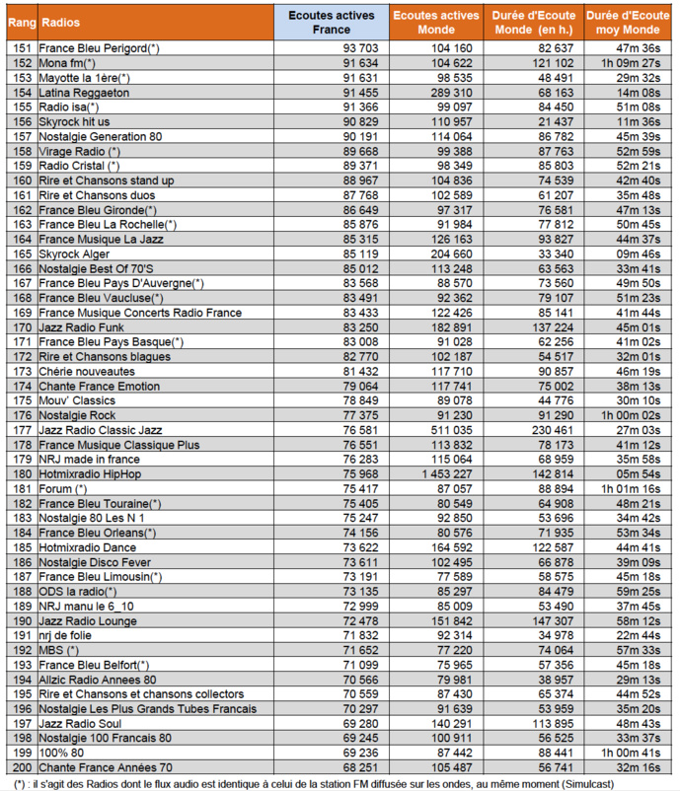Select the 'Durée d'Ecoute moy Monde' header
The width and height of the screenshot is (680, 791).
tap(627, 22)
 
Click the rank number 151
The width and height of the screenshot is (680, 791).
tap(20, 47)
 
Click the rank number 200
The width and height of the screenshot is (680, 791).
tap(20, 768)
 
